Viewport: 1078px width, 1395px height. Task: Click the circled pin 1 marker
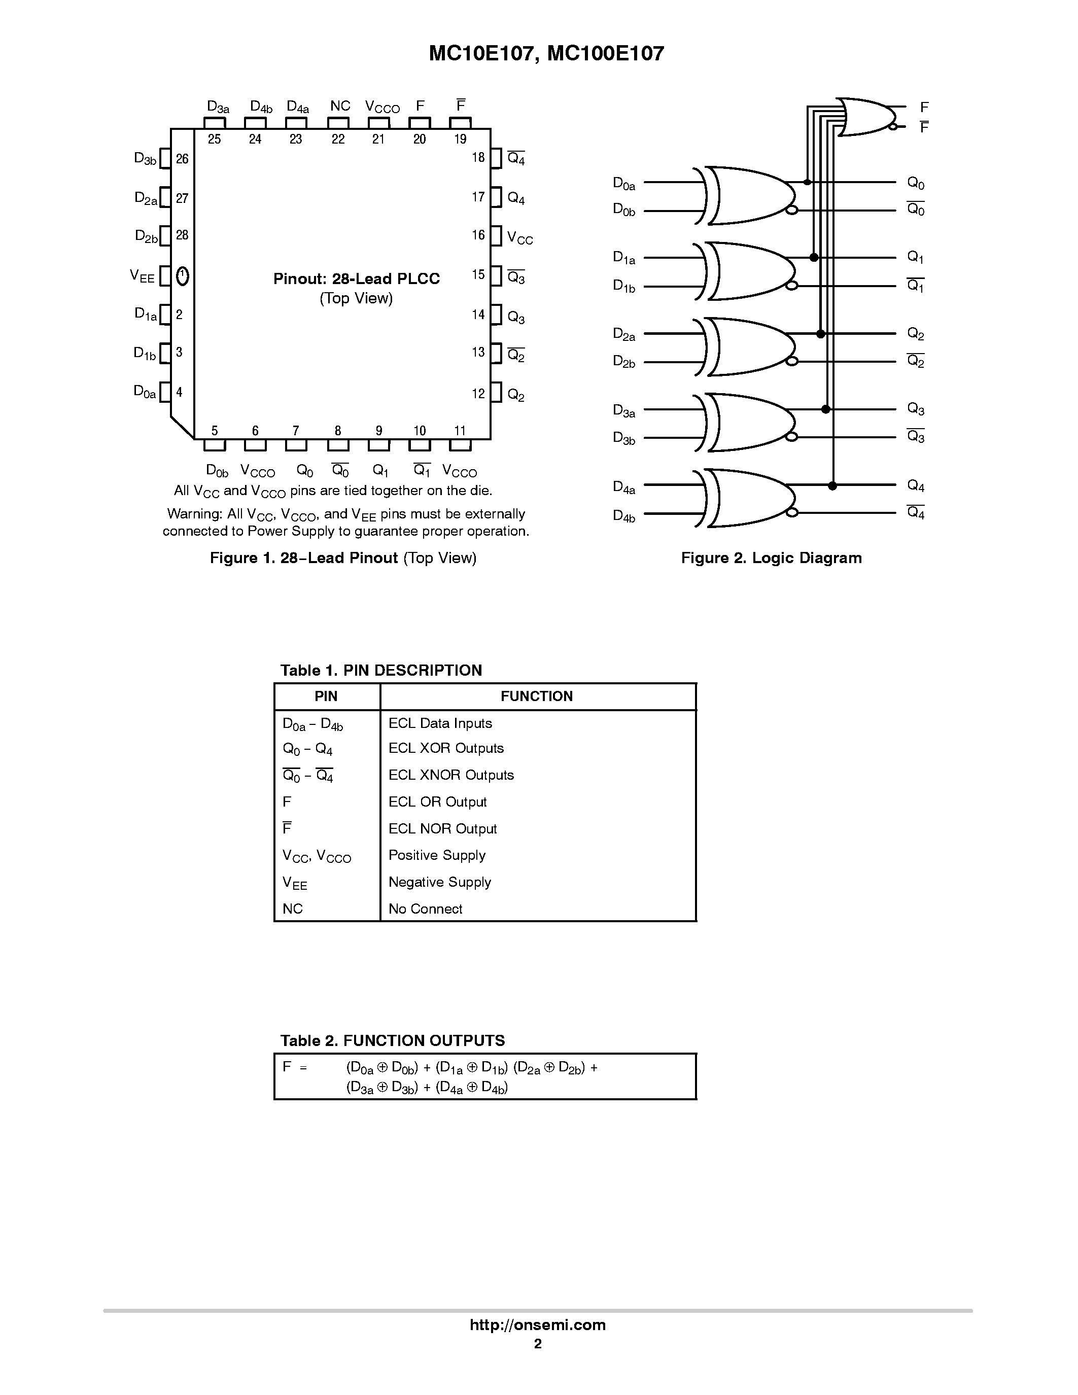point(182,276)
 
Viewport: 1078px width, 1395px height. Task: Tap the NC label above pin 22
point(340,106)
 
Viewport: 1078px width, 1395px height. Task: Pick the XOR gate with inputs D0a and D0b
point(747,196)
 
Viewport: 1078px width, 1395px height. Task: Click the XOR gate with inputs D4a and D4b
point(747,498)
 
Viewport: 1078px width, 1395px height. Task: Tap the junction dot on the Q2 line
point(821,333)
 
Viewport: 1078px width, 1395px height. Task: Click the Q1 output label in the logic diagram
point(916,257)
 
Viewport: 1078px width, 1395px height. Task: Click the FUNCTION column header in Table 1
point(536,696)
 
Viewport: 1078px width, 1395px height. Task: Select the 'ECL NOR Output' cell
point(442,828)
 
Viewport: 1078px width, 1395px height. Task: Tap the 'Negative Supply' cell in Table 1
point(440,882)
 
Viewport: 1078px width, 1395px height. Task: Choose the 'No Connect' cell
point(425,909)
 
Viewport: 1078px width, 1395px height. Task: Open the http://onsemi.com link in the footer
point(538,1324)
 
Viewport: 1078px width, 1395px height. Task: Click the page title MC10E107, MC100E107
point(546,54)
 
